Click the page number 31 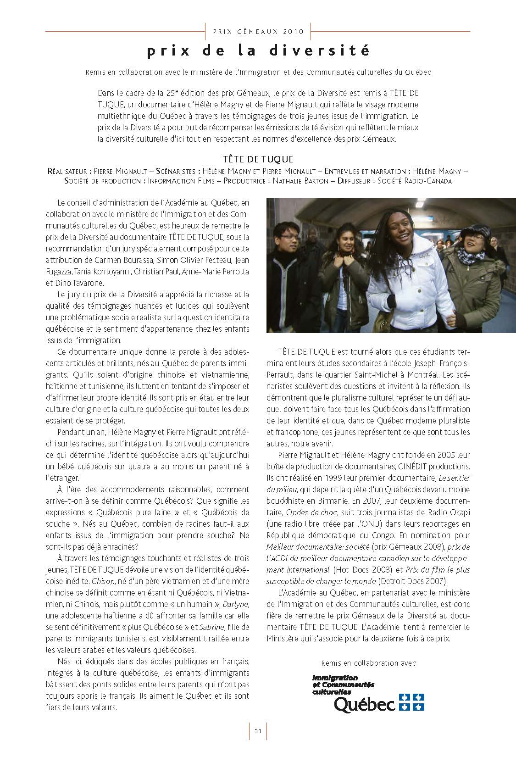[x=258, y=731]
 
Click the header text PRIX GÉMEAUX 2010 [x=258, y=32]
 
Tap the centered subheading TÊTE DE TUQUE [x=258, y=159]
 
